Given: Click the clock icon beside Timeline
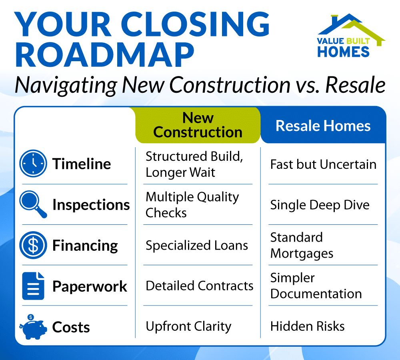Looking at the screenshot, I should click(x=33, y=164).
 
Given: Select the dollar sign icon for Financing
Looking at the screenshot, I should click(x=33, y=245).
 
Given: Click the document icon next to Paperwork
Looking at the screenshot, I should click(x=33, y=286).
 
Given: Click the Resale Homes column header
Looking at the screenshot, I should click(x=323, y=126).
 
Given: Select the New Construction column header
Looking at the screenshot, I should click(x=198, y=125).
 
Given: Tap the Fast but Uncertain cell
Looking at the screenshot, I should click(x=323, y=164).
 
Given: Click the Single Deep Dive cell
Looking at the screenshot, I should click(x=320, y=205).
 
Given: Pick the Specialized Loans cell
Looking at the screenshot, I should click(x=197, y=245).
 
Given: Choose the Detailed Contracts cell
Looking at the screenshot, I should click(x=199, y=286).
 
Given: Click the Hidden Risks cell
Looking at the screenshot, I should click(x=307, y=326).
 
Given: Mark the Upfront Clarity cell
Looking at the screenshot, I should click(x=188, y=326).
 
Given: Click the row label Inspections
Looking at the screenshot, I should click(x=91, y=205).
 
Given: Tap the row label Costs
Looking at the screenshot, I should click(x=71, y=327).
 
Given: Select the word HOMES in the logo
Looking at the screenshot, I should click(x=344, y=52).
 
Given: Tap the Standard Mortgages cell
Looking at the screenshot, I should click(x=302, y=245).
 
